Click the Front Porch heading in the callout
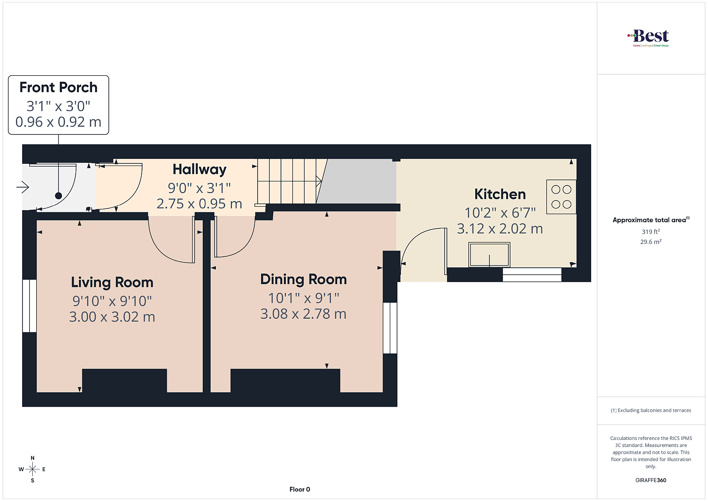[x=58, y=88]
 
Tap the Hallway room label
[x=200, y=170]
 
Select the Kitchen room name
[x=500, y=194]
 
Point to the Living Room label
[x=112, y=282]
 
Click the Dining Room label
[x=304, y=279]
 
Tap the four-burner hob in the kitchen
[x=562, y=197]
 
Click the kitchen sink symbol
[x=489, y=255]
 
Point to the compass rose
[x=33, y=469]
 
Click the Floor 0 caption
[x=300, y=489]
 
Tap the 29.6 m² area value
[x=651, y=242]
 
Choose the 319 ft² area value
[x=651, y=232]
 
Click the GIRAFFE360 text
[x=651, y=480]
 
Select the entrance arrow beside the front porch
[x=23, y=187]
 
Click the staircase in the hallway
[x=289, y=181]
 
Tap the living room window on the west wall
[x=29, y=306]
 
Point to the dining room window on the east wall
[x=390, y=328]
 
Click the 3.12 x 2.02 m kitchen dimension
[x=500, y=229]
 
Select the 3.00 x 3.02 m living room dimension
[x=112, y=317]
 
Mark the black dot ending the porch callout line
[x=58, y=196]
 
